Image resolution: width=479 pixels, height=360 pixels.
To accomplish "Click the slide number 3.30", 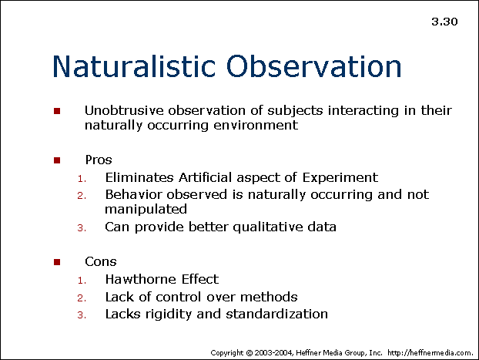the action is coord(444,22).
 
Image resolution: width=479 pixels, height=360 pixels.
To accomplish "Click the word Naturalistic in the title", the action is coord(134,66).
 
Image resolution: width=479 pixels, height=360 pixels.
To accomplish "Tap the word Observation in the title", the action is coord(313,66).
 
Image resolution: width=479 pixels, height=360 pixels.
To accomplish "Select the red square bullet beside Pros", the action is coord(57,160).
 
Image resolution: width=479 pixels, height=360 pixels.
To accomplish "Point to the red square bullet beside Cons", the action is coord(57,262).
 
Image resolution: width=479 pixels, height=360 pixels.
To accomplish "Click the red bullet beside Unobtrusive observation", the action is coord(57,111).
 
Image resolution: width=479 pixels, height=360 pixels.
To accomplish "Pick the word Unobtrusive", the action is coord(124,110).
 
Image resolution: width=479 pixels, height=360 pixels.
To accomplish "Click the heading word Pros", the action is coord(99,160).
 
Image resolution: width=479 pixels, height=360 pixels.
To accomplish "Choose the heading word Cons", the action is coord(101,262).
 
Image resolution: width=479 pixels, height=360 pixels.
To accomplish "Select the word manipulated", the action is coord(146,210).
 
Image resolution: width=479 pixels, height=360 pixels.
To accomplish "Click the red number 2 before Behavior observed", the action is coord(82,195).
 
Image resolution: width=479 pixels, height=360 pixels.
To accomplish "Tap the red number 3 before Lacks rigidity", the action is coord(82,315).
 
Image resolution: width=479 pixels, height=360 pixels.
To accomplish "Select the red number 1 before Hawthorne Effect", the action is coord(82,280).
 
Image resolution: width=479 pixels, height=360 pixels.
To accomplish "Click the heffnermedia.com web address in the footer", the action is coord(430,353).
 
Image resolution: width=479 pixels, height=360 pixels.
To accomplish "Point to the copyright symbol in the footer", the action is coord(250,353).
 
